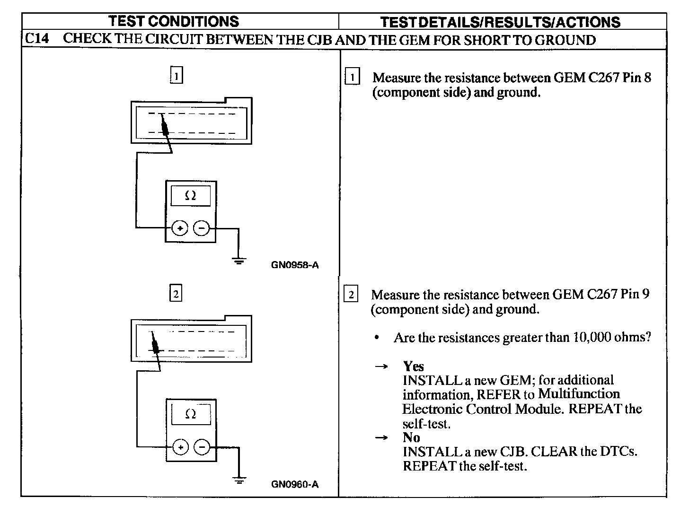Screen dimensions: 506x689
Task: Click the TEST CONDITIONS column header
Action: point(174,21)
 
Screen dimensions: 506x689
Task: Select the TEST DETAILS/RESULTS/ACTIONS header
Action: point(500,22)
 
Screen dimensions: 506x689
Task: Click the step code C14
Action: point(36,39)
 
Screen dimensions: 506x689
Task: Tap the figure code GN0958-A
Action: point(295,265)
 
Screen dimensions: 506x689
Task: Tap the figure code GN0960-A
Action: point(295,484)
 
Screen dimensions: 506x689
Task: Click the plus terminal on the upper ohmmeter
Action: point(180,228)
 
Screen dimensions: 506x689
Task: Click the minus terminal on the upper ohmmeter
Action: point(202,228)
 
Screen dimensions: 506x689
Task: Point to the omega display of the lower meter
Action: point(191,414)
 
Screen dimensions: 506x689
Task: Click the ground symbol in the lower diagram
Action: point(239,480)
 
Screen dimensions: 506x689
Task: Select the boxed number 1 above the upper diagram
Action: point(176,76)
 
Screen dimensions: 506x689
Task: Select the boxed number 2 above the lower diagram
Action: point(176,294)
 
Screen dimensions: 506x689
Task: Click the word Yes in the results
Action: point(413,366)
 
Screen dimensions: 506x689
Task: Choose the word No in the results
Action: point(411,437)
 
